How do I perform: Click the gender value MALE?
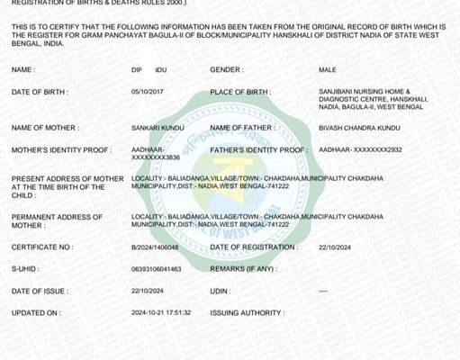[x=327, y=69]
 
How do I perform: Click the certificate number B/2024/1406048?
[x=155, y=247]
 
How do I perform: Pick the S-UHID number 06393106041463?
[x=156, y=269]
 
